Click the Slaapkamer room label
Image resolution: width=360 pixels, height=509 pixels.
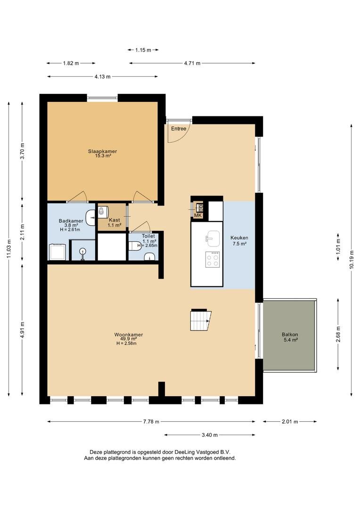click(x=102, y=151)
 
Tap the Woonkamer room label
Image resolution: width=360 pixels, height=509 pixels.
click(x=129, y=335)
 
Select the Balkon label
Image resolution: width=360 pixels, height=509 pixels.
click(x=290, y=335)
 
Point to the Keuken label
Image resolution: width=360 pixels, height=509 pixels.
click(x=239, y=238)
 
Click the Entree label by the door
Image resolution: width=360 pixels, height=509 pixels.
click(x=179, y=129)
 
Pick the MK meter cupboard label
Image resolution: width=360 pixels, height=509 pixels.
click(x=198, y=215)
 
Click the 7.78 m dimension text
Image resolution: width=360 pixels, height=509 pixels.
click(x=151, y=422)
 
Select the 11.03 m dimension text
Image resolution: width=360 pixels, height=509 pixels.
click(x=9, y=249)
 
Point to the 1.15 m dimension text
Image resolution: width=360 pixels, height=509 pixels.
click(x=143, y=50)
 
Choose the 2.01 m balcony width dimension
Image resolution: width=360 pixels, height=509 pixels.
click(x=290, y=422)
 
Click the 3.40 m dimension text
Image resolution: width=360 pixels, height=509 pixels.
click(x=209, y=435)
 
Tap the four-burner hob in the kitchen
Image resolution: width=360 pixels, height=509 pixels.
click(x=213, y=259)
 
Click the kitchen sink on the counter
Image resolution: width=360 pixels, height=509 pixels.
click(x=213, y=236)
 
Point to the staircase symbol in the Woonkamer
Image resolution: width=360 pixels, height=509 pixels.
click(x=201, y=320)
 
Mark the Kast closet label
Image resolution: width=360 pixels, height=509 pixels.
click(x=114, y=220)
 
